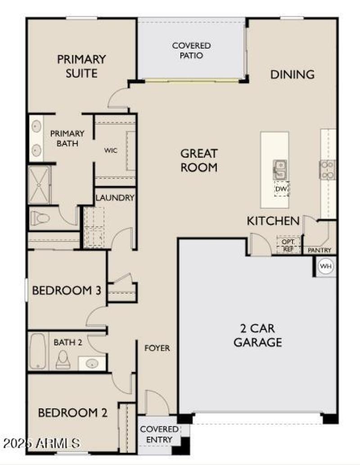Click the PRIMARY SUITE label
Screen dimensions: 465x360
pos(81,66)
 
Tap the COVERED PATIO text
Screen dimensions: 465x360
pos(191,51)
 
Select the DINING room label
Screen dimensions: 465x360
pos(292,75)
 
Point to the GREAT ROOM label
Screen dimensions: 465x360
pos(199,161)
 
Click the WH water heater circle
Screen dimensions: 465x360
pos(325,267)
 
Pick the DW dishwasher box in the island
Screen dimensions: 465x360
pos(281,189)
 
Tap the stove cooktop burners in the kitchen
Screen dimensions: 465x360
pos(327,170)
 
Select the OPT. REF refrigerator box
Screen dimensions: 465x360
pos(288,244)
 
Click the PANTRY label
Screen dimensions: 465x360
pos(319,250)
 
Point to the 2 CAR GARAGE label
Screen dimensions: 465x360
pos(258,335)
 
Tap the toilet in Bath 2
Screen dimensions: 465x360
pos(63,359)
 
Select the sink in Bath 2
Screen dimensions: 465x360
pos(92,362)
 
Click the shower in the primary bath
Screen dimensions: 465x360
pos(39,184)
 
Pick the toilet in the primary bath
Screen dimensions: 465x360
pos(40,219)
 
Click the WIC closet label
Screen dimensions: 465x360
pos(111,151)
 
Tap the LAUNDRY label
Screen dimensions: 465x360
pos(115,197)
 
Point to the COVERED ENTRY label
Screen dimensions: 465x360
pos(159,434)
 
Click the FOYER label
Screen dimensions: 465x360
pos(157,348)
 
